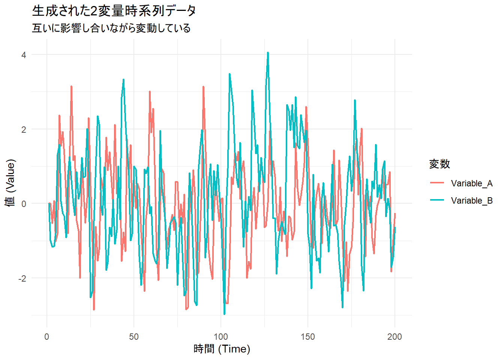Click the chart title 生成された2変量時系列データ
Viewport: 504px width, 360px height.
(114, 11)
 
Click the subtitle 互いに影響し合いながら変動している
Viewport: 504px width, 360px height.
(111, 28)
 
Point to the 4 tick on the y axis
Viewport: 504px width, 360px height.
(24, 55)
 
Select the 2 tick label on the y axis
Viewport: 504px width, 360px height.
(24, 130)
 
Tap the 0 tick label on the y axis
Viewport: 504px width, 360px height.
(24, 204)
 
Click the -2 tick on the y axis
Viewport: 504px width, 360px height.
(22, 279)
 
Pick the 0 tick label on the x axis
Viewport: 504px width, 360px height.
(47, 337)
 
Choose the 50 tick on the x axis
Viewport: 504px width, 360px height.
(134, 337)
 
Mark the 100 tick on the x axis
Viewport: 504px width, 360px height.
(221, 337)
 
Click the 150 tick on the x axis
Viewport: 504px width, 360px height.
(308, 337)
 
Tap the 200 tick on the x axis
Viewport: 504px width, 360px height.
(395, 337)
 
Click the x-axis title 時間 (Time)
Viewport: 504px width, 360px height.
(222, 349)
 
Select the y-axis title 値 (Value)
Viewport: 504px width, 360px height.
(10, 183)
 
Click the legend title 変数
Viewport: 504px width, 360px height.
(439, 164)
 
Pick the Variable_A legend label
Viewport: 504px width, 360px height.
(471, 183)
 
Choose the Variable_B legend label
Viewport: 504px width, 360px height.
(471, 201)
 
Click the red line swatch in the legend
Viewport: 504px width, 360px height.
(437, 183)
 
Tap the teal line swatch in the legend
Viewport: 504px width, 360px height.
(437, 200)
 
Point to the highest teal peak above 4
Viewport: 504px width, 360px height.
(268, 53)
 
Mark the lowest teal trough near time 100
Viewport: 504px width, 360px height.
(224, 313)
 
